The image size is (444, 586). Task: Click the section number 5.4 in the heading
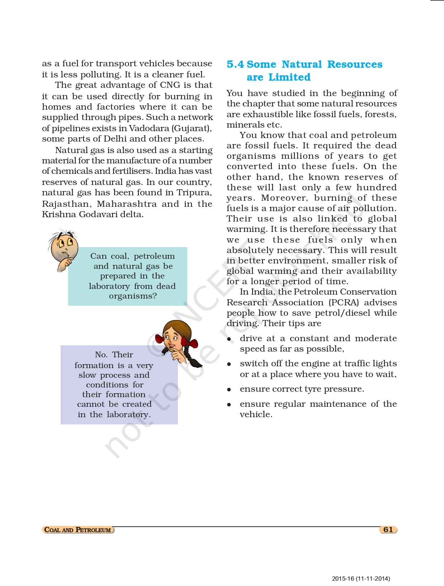tap(235, 65)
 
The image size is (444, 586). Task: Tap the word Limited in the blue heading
tap(289, 77)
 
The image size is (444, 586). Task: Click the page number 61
tap(388, 530)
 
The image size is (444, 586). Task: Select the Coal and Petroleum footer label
tap(78, 530)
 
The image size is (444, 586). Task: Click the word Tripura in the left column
tap(194, 193)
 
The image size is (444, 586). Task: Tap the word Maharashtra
tap(127, 204)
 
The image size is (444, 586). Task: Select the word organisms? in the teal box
tap(133, 296)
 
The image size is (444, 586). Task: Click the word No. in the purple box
tap(101, 355)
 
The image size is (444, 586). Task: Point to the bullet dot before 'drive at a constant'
tap(229, 339)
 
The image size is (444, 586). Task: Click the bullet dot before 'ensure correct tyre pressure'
tap(229, 390)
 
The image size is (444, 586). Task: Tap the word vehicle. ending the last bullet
tap(256, 414)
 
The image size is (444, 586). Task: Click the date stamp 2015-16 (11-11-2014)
tap(361, 578)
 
